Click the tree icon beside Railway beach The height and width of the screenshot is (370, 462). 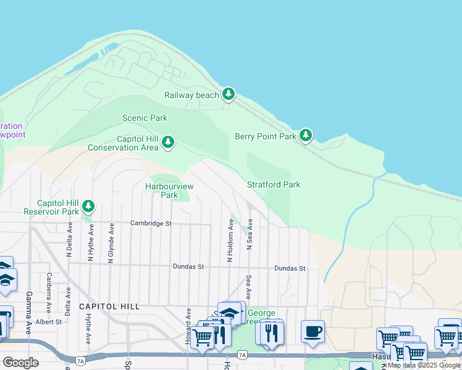(229, 94)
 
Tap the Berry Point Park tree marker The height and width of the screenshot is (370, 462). (305, 136)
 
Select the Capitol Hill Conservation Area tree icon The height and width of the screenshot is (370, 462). (167, 143)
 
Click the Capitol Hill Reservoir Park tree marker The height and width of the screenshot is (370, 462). (88, 206)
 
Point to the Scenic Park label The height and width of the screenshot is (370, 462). (145, 118)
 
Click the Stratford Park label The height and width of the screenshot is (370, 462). (274, 184)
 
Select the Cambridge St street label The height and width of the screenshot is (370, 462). (151, 223)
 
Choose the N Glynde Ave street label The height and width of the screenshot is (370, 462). (111, 244)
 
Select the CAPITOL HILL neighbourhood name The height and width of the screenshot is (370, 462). (109, 306)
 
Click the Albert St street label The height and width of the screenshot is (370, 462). (48, 322)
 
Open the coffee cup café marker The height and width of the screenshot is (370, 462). (313, 331)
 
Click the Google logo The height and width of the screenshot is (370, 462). (20, 363)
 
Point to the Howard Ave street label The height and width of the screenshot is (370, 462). (187, 325)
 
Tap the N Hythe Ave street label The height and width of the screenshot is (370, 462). (91, 241)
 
